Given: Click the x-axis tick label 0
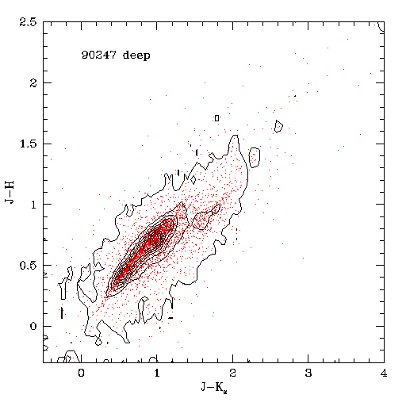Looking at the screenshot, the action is tap(81, 373).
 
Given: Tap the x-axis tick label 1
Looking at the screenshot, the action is tap(157, 373).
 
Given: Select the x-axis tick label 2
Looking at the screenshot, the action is tap(232, 373).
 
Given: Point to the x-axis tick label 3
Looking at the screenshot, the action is tap(308, 373).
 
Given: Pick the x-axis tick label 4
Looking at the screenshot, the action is tap(384, 373).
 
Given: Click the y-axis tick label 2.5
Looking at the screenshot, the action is tap(28, 22).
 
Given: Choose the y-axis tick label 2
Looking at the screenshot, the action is tap(33, 83).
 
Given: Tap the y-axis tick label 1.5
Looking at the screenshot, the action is tap(28, 144).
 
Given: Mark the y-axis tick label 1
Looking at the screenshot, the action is tap(33, 205).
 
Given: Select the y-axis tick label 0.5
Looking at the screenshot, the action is tap(28, 266).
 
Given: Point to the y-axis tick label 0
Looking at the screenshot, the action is tap(33, 326).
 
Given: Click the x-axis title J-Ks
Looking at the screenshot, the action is tap(214, 387).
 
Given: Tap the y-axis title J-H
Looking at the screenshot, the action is tap(10, 192).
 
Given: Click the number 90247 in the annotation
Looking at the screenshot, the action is tap(98, 55).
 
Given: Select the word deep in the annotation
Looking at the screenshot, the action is tap(136, 56).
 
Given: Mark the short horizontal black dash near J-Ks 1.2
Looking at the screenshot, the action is tap(170, 318).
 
